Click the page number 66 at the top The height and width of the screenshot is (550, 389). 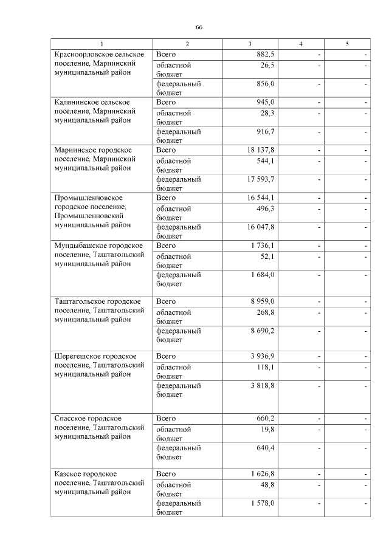[199, 28]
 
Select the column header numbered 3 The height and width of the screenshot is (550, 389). [250, 44]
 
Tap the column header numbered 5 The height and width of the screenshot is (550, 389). [347, 44]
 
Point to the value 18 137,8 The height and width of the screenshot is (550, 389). [261, 150]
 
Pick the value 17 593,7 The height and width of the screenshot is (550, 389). [261, 179]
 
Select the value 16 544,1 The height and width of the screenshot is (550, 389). [261, 198]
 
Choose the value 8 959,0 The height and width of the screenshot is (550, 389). [263, 301]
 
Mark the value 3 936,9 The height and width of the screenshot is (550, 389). [263, 356]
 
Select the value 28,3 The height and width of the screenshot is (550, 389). [267, 113]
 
